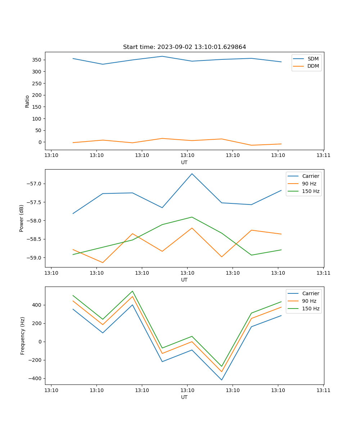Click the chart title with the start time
[184, 47]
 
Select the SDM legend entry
[313, 59]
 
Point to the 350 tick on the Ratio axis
[37, 60]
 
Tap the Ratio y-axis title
[27, 101]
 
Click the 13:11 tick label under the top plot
[323, 155]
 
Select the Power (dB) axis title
[22, 218]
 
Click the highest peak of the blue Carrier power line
[192, 174]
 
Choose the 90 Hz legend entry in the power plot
[309, 184]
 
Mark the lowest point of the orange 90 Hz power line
[103, 262]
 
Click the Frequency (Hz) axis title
[23, 336]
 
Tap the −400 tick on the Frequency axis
[36, 378]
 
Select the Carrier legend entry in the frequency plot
[310, 293]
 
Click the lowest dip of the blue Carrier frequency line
[221, 380]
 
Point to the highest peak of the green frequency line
[132, 291]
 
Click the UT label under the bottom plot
[184, 397]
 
